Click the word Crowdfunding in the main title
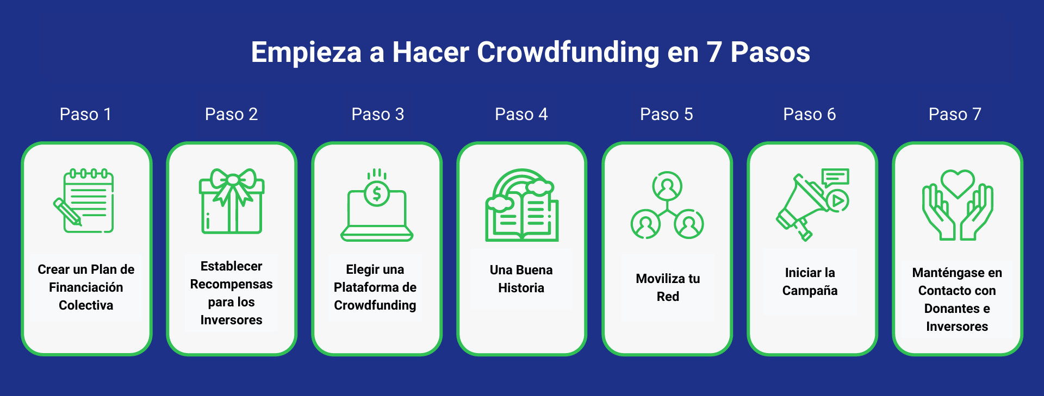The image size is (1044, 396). [x=568, y=53]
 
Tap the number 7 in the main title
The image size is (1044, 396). [x=714, y=53]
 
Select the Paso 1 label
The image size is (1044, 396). [x=85, y=114]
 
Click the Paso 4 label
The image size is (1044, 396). [x=521, y=114]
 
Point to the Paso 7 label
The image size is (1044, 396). [x=955, y=114]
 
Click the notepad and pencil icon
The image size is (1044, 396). [x=85, y=201]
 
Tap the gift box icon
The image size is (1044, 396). [x=232, y=202]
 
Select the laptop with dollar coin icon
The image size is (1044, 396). [x=377, y=205]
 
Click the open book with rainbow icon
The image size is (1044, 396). [x=521, y=205]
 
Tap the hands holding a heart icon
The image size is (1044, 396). [x=958, y=205]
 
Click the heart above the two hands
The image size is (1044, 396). [x=958, y=183]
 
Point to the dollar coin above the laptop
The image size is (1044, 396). [x=377, y=193]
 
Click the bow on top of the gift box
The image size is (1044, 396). [x=233, y=179]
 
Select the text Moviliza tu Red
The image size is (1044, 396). [x=668, y=287]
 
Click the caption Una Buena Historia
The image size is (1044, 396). [x=521, y=279]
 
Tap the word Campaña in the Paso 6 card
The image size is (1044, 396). [x=810, y=291]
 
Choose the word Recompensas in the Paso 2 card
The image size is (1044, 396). [x=231, y=284]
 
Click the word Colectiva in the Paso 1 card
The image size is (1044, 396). [x=86, y=305]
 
